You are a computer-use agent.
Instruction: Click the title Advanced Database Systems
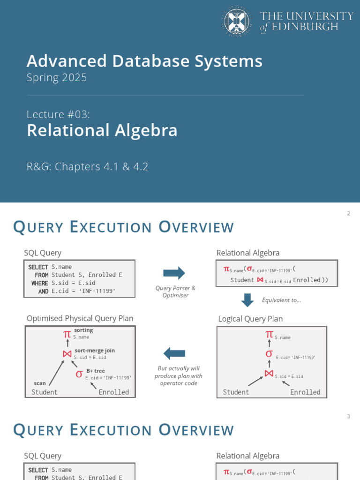pos(144,61)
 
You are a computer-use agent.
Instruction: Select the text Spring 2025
pos(57,77)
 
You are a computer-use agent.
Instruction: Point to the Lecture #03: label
pos(58,114)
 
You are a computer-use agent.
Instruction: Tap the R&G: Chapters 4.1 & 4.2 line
pos(87,166)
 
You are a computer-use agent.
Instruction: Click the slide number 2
pos(348,214)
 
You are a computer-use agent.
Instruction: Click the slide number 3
pos(348,416)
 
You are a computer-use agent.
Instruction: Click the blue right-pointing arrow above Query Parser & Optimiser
pos(174,273)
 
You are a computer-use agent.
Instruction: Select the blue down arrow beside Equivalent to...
pos(247,300)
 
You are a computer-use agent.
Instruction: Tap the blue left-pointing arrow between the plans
pos(174,353)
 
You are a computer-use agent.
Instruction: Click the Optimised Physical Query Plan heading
pos(80,318)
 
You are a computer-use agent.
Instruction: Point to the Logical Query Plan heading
pos(250,319)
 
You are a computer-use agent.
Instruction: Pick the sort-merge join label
pos(94,350)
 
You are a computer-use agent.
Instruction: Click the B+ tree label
pos(95,371)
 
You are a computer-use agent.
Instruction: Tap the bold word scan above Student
pos(40,383)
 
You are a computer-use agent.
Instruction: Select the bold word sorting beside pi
pos(83,330)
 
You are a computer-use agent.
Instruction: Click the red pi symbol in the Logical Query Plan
pos(269,334)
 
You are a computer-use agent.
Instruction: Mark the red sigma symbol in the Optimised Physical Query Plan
pos(79,374)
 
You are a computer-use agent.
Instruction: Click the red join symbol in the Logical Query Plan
pos(269,373)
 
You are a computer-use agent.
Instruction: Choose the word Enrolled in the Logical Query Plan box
pos(305,392)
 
